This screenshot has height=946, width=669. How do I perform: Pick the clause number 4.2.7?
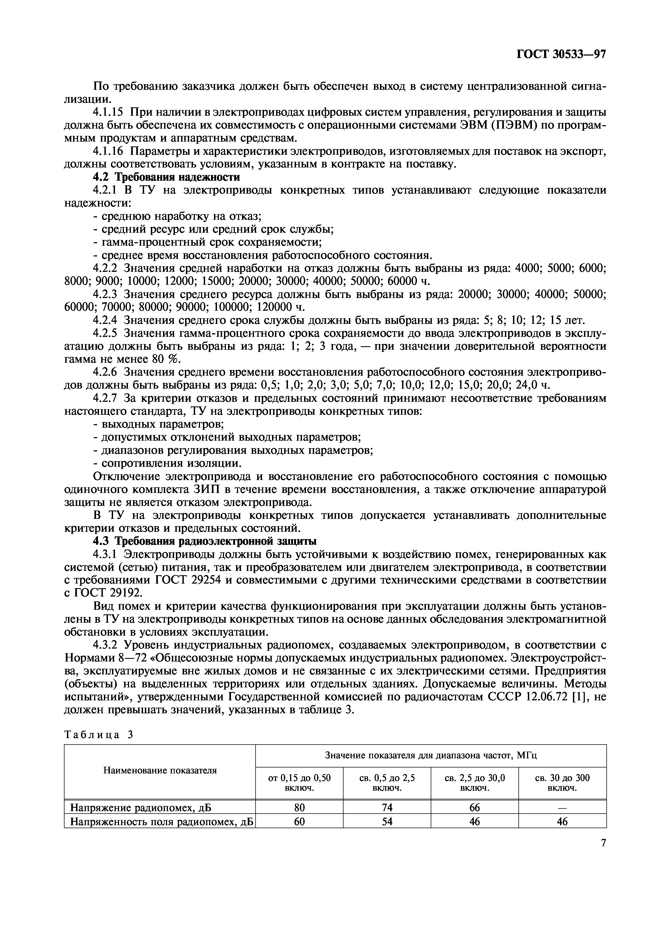105,398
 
